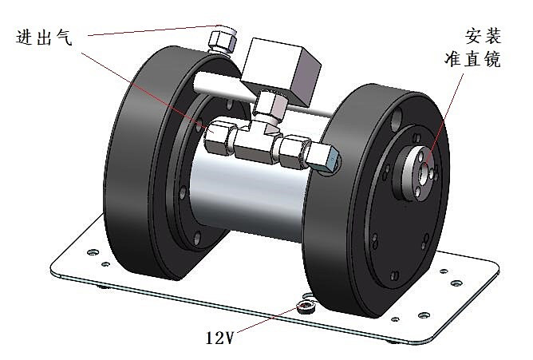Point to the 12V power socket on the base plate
point(303,306)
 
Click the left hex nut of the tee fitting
point(216,140)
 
